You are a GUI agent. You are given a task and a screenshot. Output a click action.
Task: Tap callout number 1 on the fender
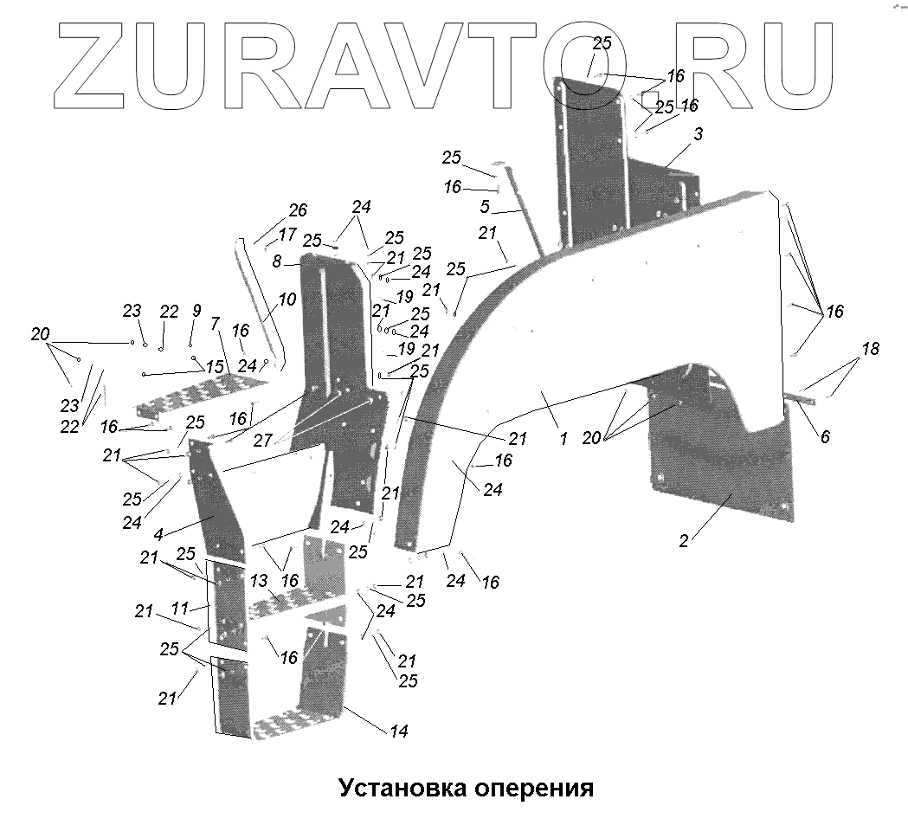coord(563,439)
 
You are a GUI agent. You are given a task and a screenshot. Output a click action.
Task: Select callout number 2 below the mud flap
coord(684,541)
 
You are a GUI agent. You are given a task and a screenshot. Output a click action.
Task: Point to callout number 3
coord(699,134)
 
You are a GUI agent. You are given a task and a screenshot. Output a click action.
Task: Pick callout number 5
coord(485,207)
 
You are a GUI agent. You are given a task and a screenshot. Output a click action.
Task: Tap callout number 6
coord(825,437)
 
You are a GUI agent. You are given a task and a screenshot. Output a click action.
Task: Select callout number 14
coord(398,732)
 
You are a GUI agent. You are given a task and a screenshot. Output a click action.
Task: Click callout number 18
coord(870,349)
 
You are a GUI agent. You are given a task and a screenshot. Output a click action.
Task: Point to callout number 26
coord(298,210)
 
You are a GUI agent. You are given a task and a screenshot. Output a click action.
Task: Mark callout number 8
coord(276,260)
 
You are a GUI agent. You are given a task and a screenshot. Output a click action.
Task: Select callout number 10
coord(287,300)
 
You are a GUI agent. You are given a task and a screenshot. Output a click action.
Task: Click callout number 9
coord(196,310)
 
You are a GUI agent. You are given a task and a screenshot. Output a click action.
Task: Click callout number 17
coord(287,234)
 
